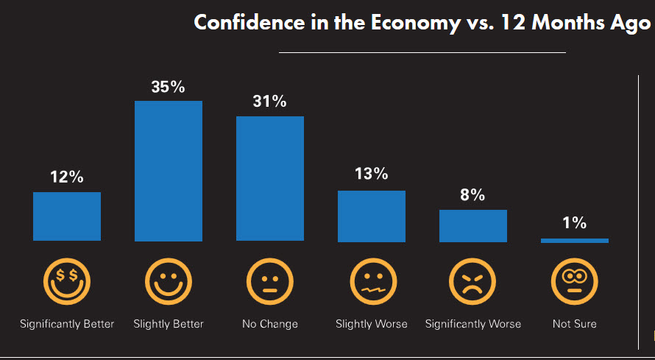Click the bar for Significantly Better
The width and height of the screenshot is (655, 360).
(67, 216)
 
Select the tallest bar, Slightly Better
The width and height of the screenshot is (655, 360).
(169, 171)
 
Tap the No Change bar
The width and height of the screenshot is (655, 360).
(270, 178)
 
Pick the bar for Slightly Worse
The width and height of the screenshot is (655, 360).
(372, 216)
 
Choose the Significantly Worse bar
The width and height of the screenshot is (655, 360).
(473, 226)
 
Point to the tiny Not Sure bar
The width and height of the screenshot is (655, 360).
(575, 240)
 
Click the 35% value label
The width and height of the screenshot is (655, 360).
(169, 87)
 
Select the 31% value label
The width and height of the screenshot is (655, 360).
(270, 102)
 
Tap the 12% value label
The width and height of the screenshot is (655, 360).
(67, 177)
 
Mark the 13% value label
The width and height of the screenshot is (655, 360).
(372, 174)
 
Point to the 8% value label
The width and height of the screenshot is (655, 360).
(473, 195)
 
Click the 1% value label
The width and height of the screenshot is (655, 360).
(575, 223)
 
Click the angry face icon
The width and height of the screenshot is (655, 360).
(473, 281)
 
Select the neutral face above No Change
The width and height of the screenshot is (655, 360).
(270, 281)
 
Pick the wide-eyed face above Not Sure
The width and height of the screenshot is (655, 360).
(575, 281)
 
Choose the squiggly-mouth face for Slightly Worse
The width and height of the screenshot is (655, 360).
(372, 281)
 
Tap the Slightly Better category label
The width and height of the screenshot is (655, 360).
(169, 324)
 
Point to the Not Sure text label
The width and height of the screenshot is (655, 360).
(575, 324)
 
